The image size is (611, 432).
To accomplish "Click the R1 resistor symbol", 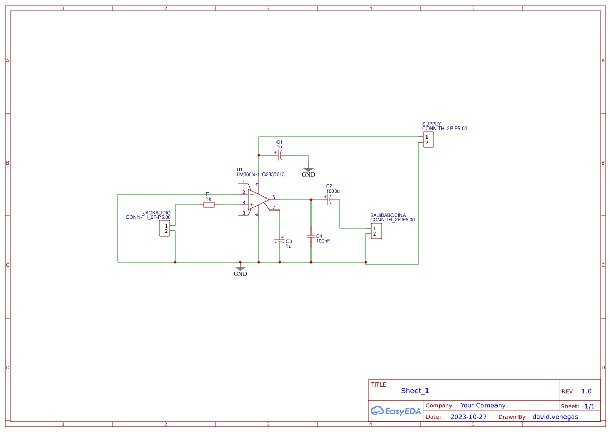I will pyautogui.click(x=209, y=205).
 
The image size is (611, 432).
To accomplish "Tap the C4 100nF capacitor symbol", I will pyautogui.click(x=311, y=236).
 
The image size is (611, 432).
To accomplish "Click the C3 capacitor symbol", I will pyautogui.click(x=280, y=241).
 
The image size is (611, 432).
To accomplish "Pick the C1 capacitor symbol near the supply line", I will pyautogui.click(x=280, y=155).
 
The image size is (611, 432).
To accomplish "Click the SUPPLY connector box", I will pyautogui.click(x=428, y=139).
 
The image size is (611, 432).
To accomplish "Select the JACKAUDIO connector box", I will pyautogui.click(x=165, y=228).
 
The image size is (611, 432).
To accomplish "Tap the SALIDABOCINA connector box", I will pyautogui.click(x=375, y=231).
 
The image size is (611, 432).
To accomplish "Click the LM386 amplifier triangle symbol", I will pyautogui.click(x=258, y=199).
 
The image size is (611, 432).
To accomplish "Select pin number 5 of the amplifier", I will pyautogui.click(x=273, y=197).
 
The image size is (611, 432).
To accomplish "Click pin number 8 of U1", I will pyautogui.click(x=243, y=213).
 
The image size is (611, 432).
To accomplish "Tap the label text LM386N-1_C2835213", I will pyautogui.click(x=260, y=174).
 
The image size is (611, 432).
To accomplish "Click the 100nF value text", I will pyautogui.click(x=323, y=241).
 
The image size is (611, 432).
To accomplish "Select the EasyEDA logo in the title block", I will pyautogui.click(x=396, y=411).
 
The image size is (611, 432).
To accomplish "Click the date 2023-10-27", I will pyautogui.click(x=468, y=417).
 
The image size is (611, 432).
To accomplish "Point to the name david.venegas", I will pyautogui.click(x=555, y=417).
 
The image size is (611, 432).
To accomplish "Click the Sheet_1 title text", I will pyautogui.click(x=415, y=391).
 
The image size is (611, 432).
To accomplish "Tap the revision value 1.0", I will pyautogui.click(x=586, y=391).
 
